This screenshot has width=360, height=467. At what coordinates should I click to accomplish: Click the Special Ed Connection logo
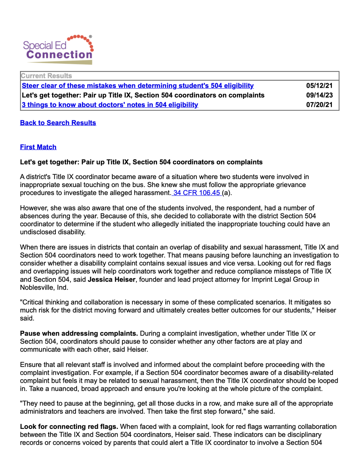58,50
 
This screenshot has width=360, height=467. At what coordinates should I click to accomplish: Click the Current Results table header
46,76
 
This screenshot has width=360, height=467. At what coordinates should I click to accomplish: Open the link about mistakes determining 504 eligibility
138,86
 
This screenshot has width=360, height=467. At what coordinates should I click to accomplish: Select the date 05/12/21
319,86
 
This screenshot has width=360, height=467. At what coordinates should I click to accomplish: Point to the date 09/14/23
319,95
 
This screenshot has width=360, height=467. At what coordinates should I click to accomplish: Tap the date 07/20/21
319,105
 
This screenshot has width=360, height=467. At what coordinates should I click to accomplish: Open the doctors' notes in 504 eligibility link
110,105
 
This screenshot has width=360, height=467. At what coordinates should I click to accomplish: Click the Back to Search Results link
58,123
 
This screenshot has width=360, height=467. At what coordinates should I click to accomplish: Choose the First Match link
38,147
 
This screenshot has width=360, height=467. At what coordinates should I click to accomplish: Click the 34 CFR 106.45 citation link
197,193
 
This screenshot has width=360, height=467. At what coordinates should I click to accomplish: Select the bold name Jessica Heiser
112,280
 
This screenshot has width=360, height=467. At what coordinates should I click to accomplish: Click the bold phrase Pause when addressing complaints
79,334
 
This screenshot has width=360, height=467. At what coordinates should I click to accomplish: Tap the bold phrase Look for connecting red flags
69,427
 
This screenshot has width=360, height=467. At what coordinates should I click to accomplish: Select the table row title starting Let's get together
143,95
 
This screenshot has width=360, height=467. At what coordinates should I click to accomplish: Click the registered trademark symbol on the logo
90,37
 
